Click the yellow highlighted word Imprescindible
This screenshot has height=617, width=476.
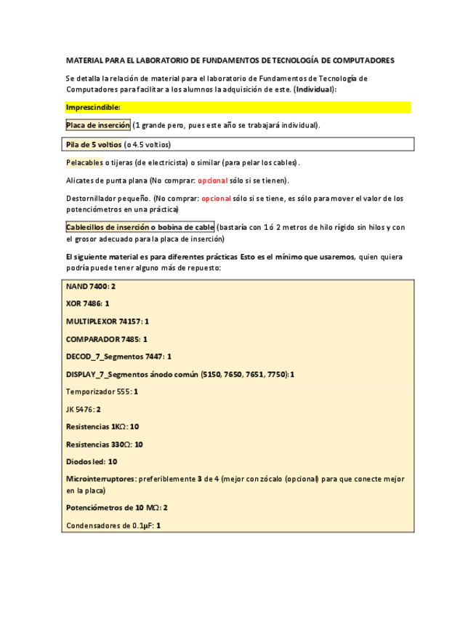93,108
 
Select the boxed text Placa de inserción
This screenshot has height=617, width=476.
98,125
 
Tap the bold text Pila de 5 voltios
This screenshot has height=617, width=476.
94,144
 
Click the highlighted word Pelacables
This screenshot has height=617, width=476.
84,162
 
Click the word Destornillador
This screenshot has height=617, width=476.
93,198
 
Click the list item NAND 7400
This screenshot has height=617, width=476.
91,287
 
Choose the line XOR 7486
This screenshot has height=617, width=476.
88,303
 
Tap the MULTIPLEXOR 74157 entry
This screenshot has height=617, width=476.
108,321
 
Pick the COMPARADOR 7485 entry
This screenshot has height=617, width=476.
106,339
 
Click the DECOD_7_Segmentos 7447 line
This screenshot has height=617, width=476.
118,357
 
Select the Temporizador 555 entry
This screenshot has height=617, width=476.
102,391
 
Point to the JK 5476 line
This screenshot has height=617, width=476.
84,409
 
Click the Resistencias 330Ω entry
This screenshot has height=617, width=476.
104,445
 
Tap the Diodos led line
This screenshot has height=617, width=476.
92,462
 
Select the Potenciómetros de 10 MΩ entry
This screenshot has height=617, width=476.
116,507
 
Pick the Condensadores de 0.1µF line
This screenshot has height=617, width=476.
113,525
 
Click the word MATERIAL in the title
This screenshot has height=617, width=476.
85,60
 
